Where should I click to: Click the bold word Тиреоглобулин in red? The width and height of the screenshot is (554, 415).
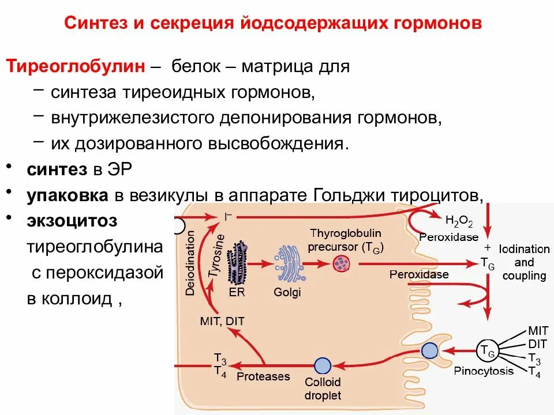[x=76, y=66]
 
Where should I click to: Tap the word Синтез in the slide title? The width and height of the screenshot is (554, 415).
[x=97, y=24]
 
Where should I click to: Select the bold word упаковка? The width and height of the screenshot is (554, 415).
[x=67, y=195]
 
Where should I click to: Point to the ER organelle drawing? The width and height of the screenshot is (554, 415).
[x=237, y=263]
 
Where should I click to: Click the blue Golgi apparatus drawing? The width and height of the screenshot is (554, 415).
[x=288, y=265]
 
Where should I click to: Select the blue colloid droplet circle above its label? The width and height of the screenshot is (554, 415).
[x=323, y=365]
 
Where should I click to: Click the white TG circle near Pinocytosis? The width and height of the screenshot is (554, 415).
[x=485, y=349]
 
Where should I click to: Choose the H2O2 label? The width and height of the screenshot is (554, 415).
[x=459, y=222]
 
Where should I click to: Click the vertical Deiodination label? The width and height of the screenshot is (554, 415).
[x=190, y=263]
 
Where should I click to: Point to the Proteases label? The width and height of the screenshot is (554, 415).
[x=263, y=377]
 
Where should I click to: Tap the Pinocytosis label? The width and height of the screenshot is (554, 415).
[x=484, y=371]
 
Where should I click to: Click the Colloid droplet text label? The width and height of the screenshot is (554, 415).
[x=323, y=388]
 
